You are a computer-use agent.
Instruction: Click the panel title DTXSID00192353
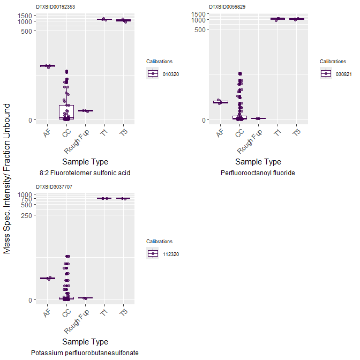[56, 6]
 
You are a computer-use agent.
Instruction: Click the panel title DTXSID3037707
[54, 186]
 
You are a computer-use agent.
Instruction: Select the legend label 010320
[170, 74]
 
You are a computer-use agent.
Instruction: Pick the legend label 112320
[170, 254]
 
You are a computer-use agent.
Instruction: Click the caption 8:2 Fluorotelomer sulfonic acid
[85, 173]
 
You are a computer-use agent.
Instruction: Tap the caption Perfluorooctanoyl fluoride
[258, 173]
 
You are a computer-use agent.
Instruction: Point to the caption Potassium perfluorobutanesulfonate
[85, 353]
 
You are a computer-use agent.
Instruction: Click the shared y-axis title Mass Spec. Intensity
[7, 179]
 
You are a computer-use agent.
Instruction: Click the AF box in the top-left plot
[48, 66]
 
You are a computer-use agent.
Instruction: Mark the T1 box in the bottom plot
[104, 198]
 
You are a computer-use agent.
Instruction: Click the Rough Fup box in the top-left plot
[85, 110]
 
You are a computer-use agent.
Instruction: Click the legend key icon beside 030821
[326, 74]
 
